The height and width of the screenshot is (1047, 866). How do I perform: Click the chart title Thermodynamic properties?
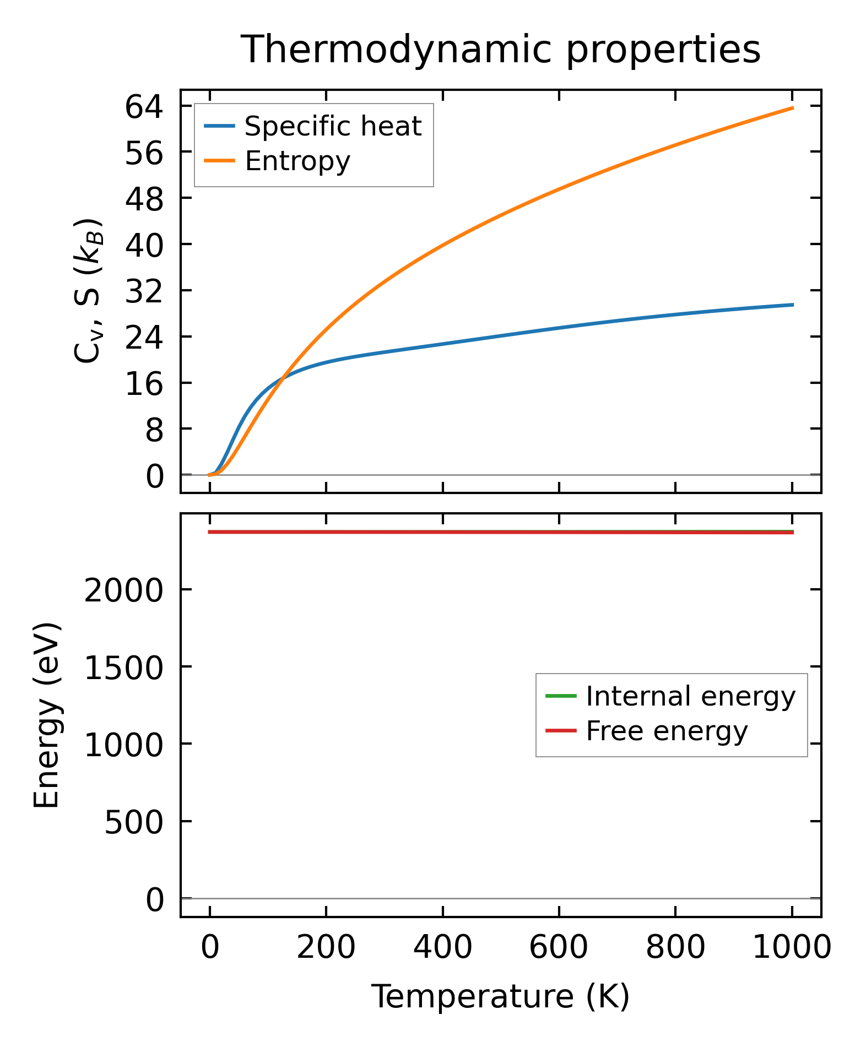[x=501, y=50]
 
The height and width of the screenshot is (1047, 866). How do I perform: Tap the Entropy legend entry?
[x=297, y=161]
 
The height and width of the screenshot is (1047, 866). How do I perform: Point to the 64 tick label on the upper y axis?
[x=144, y=107]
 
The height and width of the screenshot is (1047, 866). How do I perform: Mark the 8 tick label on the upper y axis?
[x=155, y=430]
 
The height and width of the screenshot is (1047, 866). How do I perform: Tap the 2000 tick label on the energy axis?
[x=124, y=591]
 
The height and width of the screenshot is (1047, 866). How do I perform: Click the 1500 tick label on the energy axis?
[x=124, y=668]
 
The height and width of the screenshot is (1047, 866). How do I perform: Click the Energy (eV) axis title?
[x=46, y=715]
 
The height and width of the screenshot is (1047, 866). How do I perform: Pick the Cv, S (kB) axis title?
[x=88, y=291]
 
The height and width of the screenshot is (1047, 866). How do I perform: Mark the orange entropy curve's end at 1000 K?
[x=792, y=108]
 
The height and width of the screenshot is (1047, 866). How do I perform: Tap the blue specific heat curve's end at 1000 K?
[x=792, y=305]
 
